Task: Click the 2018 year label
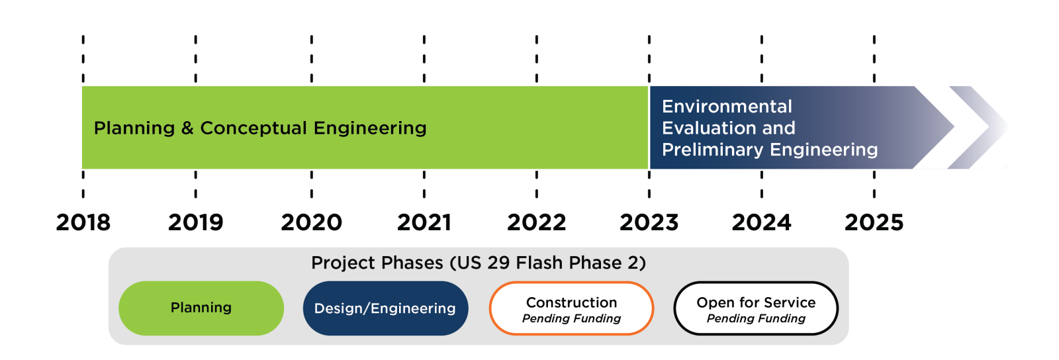coord(83,222)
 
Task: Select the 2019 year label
coord(196,222)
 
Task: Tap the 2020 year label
coord(311,222)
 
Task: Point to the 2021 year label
coord(424,222)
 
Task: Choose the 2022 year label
coord(537,222)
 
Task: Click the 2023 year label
coord(649,222)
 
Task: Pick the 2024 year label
coord(762,222)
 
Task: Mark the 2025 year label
coord(874,222)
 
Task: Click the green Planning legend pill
coord(201,308)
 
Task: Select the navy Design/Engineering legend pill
coord(385,308)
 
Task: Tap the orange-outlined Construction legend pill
coord(572,308)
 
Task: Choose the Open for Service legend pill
coord(756,308)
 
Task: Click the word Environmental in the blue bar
coord(727,107)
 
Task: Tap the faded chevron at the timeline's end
coord(978,127)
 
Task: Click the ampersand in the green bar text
coord(187,128)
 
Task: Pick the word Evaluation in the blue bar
coord(710,128)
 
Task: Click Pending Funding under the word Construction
coord(572,319)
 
